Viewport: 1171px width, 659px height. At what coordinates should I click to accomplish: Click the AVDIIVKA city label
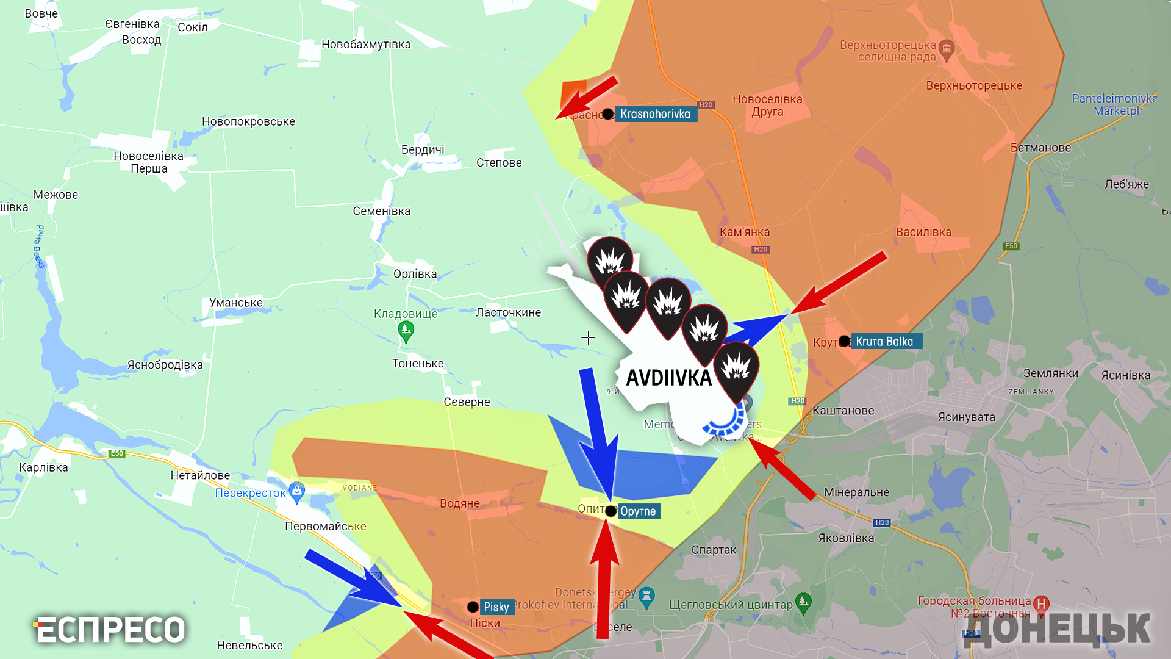(x=669, y=378)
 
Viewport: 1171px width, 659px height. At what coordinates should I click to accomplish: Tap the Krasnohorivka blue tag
(x=655, y=114)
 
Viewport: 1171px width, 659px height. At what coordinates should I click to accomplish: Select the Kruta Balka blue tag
(x=885, y=342)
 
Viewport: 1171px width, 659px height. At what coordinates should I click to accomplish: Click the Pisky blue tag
(x=496, y=607)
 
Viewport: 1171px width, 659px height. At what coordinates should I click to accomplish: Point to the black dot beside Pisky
(x=473, y=607)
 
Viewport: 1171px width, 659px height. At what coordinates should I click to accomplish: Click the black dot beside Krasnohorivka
(x=607, y=114)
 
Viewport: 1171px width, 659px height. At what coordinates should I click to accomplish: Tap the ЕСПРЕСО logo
(x=110, y=630)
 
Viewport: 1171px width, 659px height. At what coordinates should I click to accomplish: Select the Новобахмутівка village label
(x=366, y=45)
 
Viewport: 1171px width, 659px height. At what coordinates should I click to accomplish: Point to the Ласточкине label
(x=508, y=312)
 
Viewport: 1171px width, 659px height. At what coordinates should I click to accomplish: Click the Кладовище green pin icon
(x=406, y=331)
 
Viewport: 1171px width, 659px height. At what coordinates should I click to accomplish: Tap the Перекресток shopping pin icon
(x=297, y=491)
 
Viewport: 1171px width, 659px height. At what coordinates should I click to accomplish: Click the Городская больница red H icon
(x=1041, y=604)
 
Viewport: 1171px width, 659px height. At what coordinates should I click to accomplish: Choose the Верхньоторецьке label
(x=974, y=86)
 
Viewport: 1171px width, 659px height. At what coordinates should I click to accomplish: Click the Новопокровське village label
(x=248, y=121)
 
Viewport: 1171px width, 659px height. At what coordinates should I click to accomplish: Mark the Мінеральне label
(x=856, y=492)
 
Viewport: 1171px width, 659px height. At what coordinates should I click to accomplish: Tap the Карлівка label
(x=43, y=468)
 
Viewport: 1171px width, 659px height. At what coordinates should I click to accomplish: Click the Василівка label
(x=923, y=232)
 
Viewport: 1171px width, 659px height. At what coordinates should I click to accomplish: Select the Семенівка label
(x=381, y=211)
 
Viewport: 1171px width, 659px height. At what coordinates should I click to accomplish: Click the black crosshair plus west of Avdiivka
(x=588, y=337)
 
